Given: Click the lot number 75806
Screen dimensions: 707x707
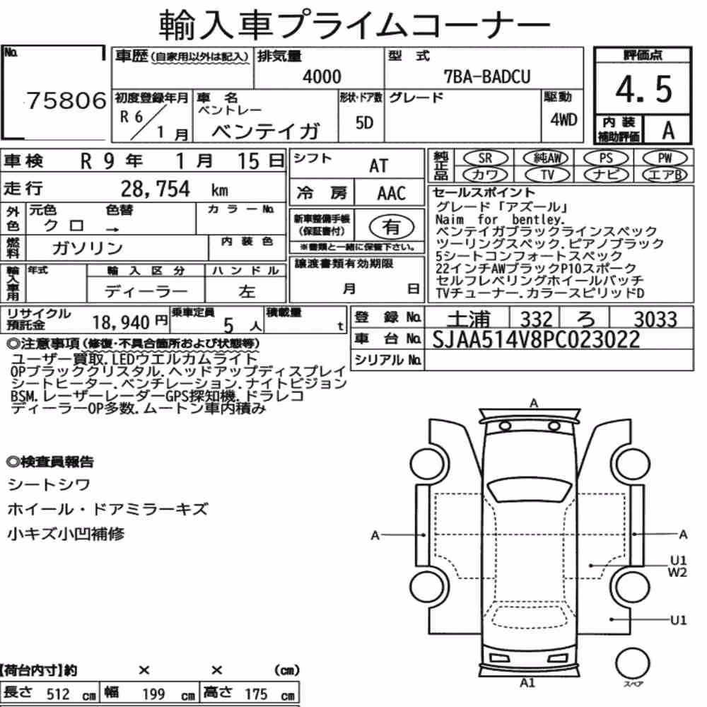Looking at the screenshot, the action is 66,100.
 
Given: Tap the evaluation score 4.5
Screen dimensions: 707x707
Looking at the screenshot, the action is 644,89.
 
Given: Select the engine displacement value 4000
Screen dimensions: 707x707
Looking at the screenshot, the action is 322,76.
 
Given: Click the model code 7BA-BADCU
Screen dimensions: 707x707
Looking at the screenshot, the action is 487,76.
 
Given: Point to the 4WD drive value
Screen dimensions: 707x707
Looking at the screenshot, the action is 563,119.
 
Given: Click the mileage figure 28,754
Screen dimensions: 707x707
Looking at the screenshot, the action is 156,189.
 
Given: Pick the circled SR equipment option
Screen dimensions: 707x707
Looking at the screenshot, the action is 485,158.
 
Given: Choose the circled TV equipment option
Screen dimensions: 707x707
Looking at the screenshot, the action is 547,175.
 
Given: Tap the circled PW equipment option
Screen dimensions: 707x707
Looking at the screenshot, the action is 665,158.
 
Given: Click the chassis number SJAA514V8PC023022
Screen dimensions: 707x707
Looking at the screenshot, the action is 536,339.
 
